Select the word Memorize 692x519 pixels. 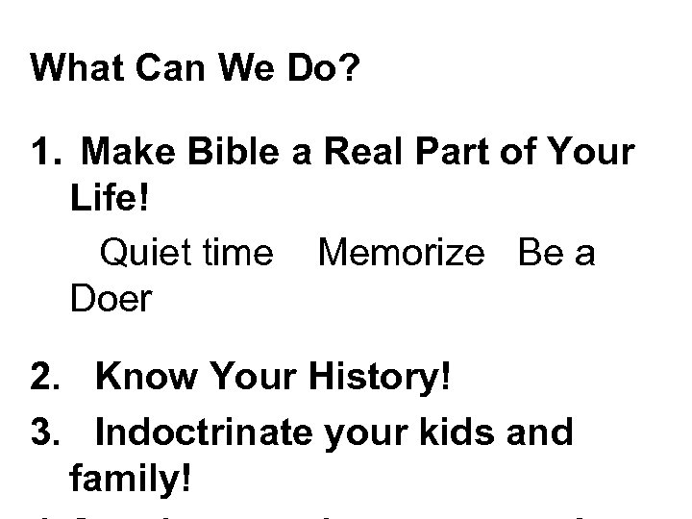pyautogui.click(x=401, y=252)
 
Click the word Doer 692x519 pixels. pyautogui.click(x=111, y=300)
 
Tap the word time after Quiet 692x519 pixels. pyautogui.click(x=236, y=252)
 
